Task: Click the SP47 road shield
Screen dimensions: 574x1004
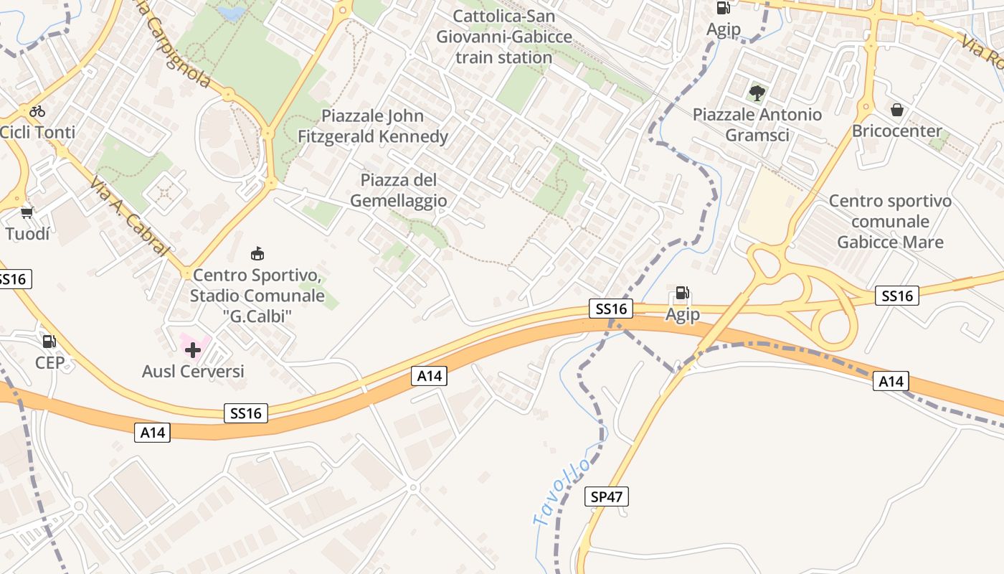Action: click(607, 496)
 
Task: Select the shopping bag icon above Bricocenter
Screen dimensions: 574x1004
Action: click(896, 110)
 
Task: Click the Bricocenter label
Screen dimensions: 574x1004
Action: click(896, 131)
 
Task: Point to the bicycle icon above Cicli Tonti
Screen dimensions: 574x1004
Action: click(37, 111)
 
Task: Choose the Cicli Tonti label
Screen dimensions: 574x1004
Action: click(37, 132)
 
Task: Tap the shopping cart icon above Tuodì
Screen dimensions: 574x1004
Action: click(27, 213)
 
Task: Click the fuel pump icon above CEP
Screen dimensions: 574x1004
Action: click(49, 342)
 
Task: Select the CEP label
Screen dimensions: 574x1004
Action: click(49, 362)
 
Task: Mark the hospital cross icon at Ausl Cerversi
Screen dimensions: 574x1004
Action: click(193, 350)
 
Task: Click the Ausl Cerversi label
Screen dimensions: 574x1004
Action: click(193, 371)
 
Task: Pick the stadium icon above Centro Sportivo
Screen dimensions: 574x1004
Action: click(257, 254)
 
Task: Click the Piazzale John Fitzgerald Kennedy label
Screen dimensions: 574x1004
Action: click(373, 126)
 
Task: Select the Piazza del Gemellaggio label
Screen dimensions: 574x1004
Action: click(399, 190)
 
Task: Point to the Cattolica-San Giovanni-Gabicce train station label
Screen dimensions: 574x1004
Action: click(504, 37)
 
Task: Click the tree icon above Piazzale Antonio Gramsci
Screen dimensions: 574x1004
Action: click(757, 93)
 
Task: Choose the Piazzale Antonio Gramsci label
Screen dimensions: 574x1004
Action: click(757, 125)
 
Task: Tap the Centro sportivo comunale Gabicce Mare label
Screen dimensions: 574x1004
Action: click(890, 221)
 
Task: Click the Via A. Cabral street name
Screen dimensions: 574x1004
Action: click(130, 216)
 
